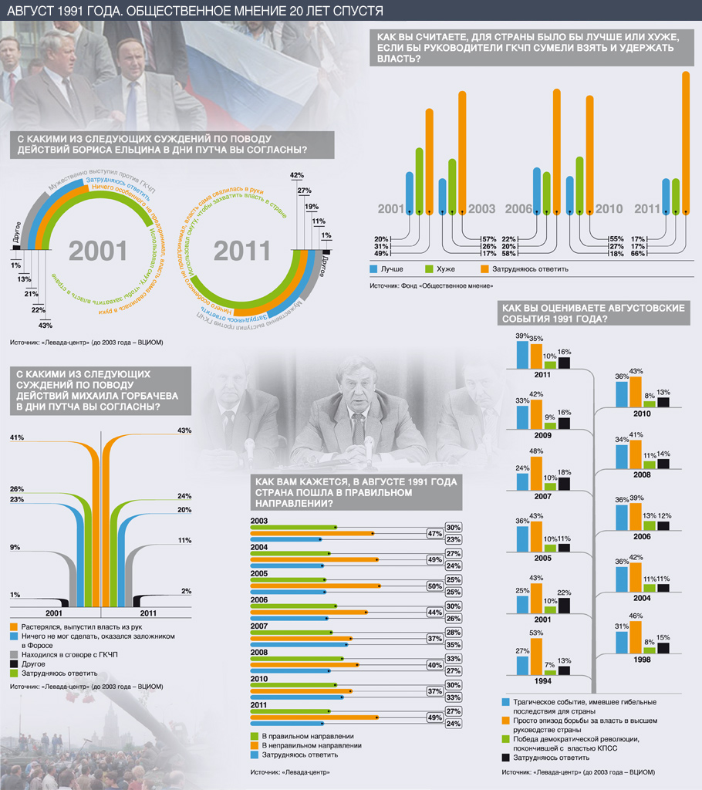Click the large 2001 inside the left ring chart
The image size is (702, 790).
pyautogui.click(x=98, y=250)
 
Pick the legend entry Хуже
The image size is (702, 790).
pyautogui.click(x=444, y=269)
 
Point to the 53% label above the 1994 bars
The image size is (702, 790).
pyautogui.click(x=535, y=633)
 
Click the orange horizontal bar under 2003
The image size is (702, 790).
pyautogui.click(x=312, y=532)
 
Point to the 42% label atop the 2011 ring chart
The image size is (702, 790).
pyautogui.click(x=296, y=175)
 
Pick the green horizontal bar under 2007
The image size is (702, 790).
pyautogui.click(x=292, y=632)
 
